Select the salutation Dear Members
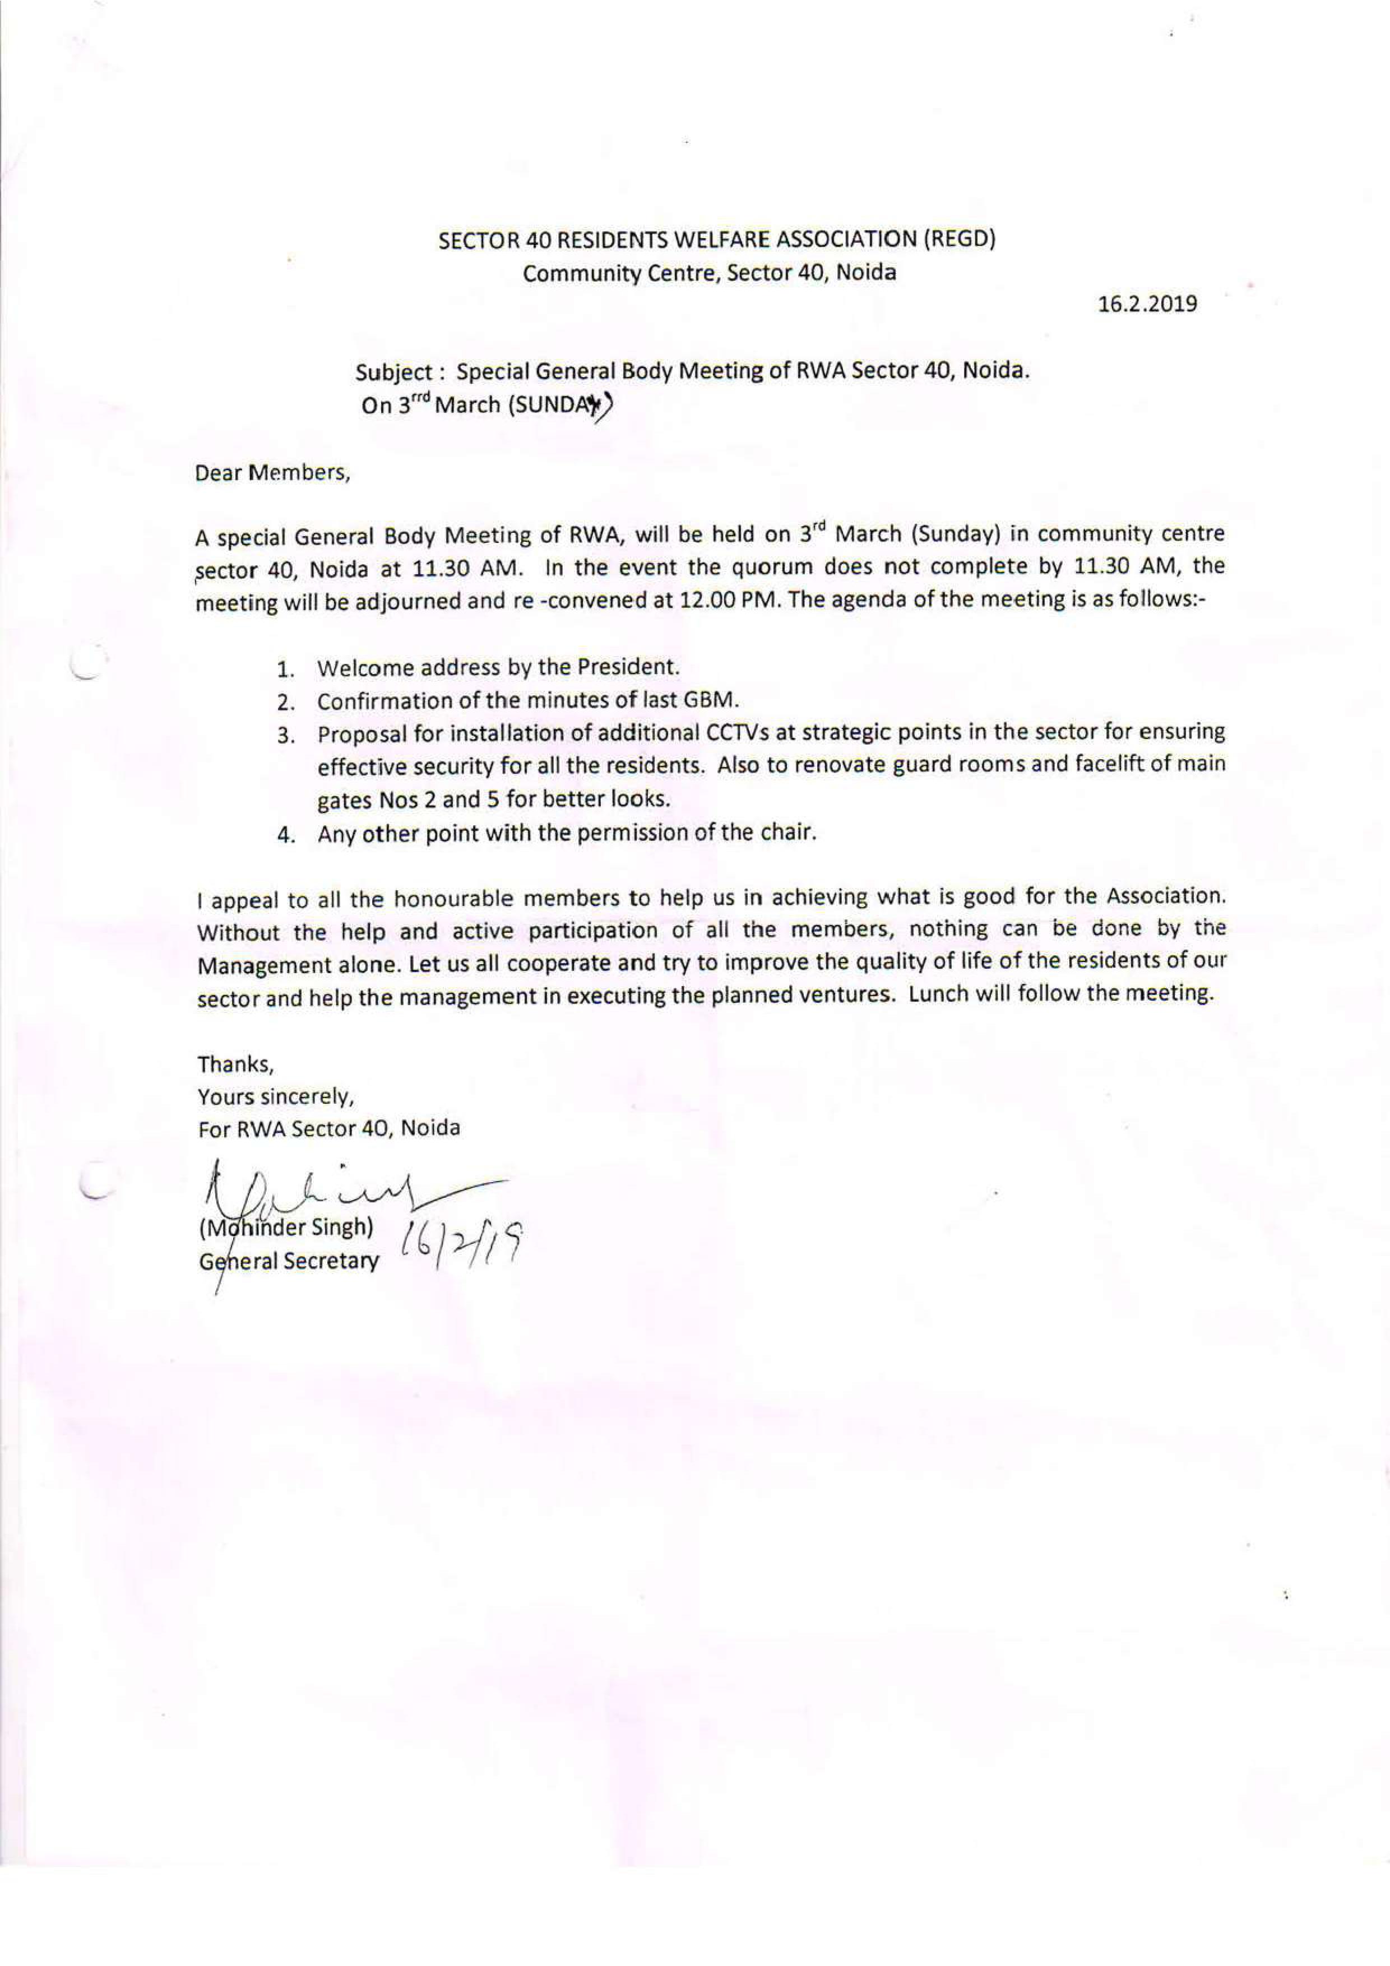point(273,473)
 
